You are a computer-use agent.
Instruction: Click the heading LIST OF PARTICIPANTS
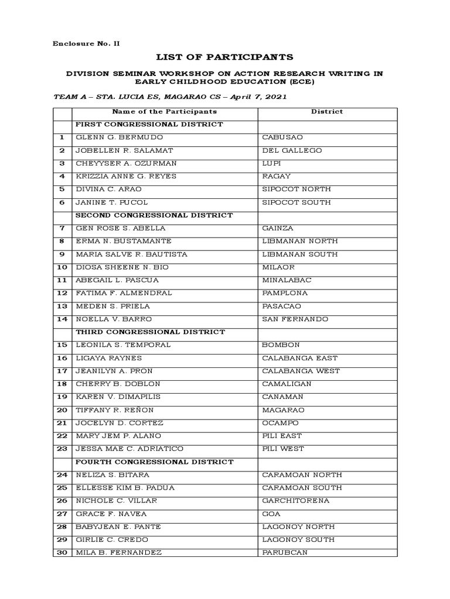tap(224, 57)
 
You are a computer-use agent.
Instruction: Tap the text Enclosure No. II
tap(87, 43)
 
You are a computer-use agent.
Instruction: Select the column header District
tap(327, 111)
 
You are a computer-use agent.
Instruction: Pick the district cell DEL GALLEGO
tap(292, 150)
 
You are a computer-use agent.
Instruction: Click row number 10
tap(62, 267)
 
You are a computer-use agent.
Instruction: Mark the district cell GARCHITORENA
tap(295, 501)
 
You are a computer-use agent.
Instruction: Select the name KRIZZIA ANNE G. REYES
tap(126, 176)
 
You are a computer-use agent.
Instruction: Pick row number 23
tap(62, 449)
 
